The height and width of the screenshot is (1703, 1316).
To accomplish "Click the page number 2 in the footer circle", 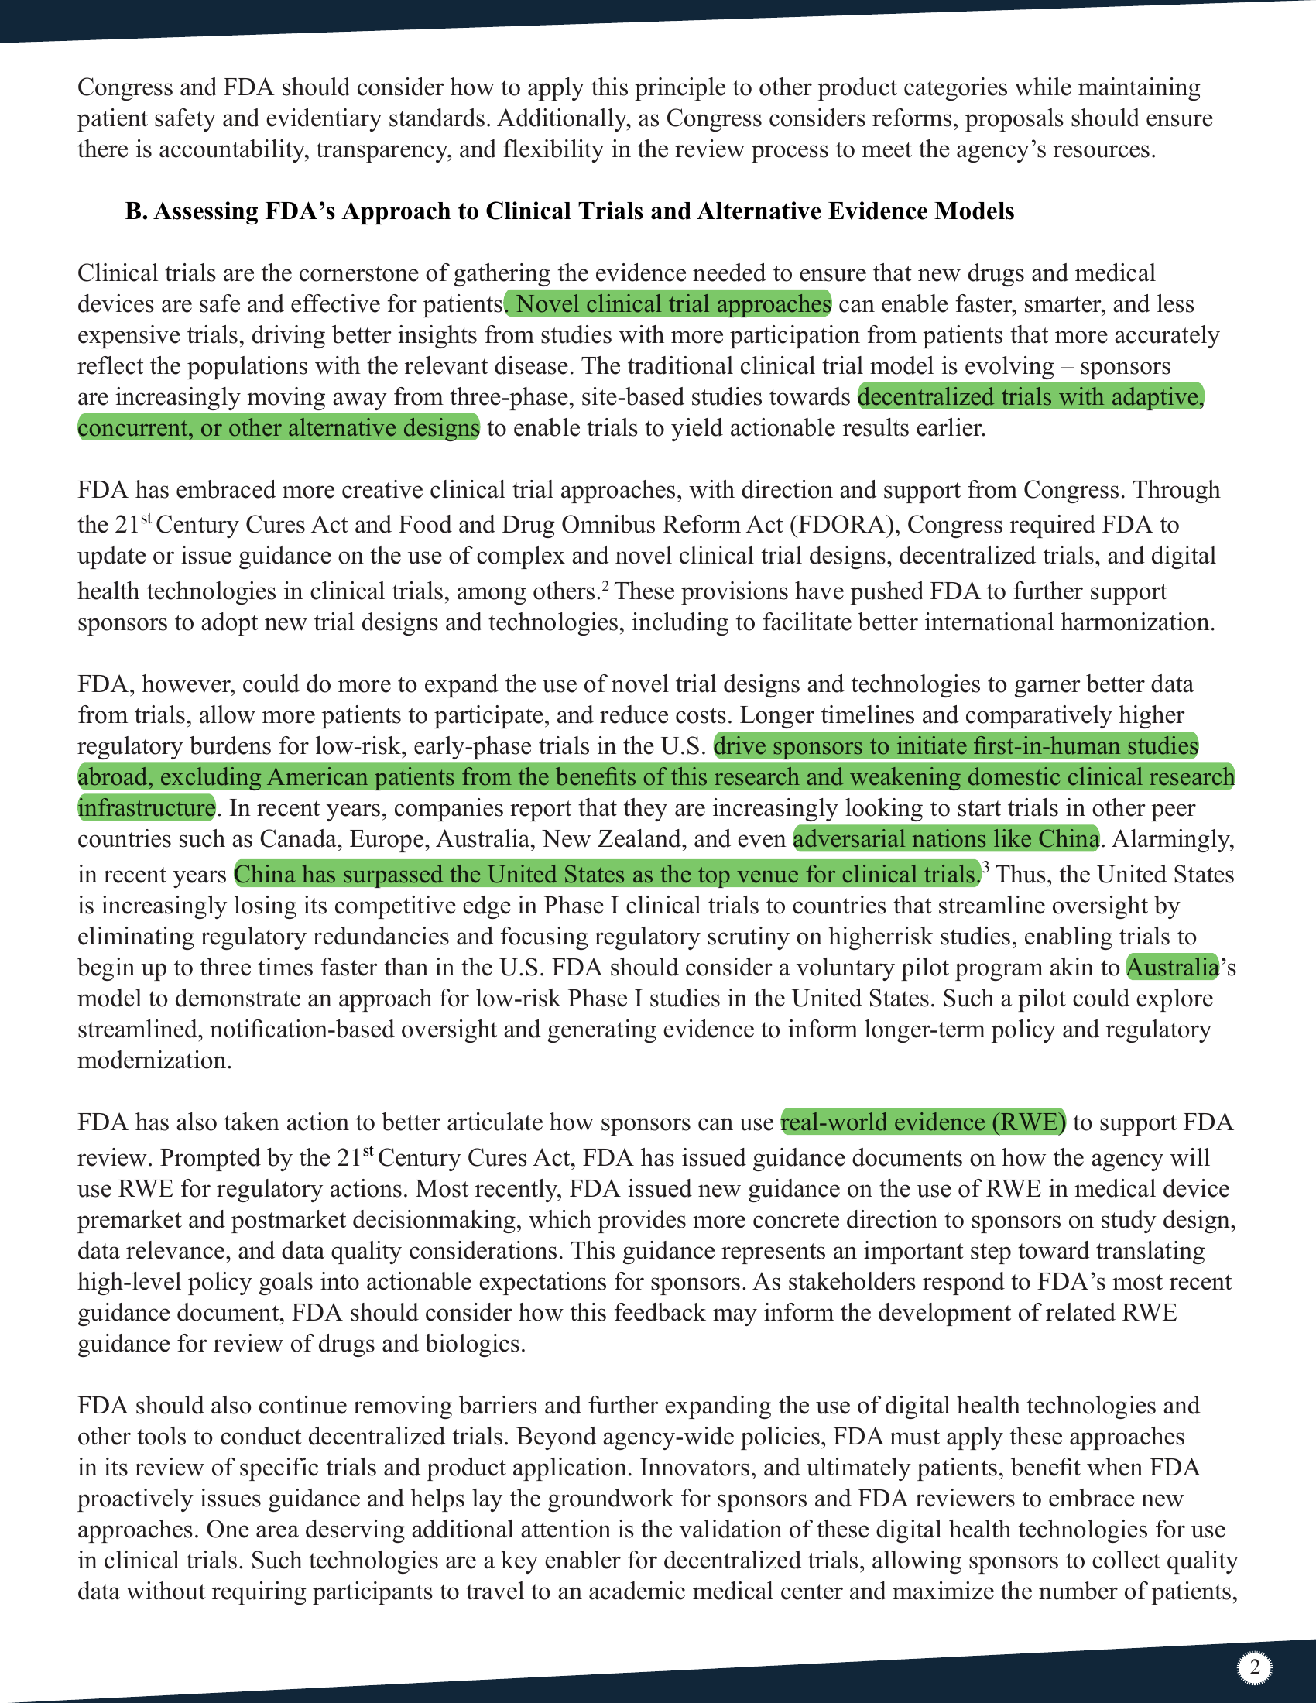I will click(1254, 1668).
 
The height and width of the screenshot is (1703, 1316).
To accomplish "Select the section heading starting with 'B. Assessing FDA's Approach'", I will click(569, 211).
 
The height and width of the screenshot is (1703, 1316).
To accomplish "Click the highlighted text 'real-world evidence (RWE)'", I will click(923, 1122).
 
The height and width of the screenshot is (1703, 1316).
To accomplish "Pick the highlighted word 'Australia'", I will click(1172, 968).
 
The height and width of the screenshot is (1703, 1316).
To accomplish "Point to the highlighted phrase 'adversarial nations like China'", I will click(946, 839).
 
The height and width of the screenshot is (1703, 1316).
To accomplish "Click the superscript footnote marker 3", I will click(985, 867).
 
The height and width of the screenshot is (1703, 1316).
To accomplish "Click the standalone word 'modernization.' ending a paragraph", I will click(154, 1061).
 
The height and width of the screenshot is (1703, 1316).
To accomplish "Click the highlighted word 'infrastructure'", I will click(146, 808).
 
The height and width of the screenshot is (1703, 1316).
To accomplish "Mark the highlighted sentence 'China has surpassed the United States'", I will click(607, 874).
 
